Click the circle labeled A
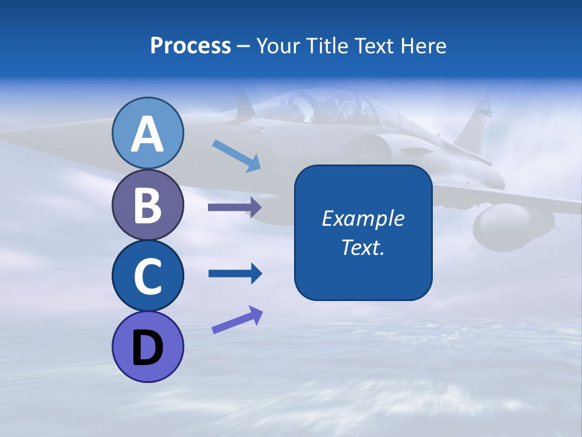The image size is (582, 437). [x=147, y=133]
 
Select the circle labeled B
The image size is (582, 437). [x=147, y=205]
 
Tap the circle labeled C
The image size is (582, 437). [x=147, y=276]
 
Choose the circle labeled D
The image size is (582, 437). [x=147, y=347]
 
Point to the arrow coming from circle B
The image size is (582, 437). [x=235, y=208]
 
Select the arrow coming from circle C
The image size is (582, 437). [x=235, y=274]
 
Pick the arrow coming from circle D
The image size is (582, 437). [x=237, y=320]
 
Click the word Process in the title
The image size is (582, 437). [x=190, y=46]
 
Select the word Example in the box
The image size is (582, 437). [x=363, y=218]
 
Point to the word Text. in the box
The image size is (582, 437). [x=363, y=248]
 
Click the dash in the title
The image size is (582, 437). [x=243, y=46]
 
